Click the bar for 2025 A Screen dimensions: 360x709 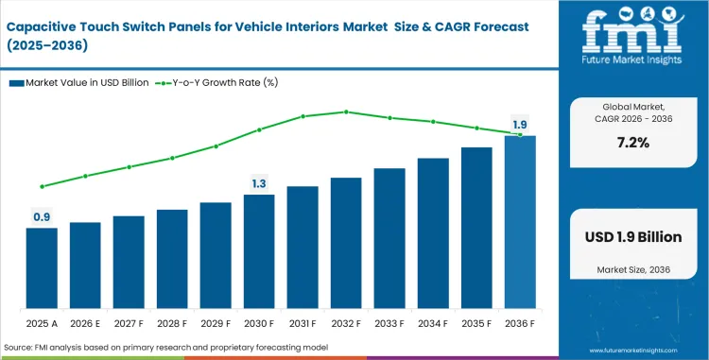[42, 268]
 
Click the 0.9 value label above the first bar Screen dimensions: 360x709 [42, 217]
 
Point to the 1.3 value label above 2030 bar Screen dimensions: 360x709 [259, 183]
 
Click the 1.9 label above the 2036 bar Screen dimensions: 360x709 [520, 125]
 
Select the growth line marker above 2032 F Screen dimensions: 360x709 [346, 111]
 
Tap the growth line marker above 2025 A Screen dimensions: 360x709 [42, 186]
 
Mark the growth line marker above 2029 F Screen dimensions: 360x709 [216, 146]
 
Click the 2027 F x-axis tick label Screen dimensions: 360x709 [129, 323]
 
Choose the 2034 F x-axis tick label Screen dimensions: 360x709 [433, 323]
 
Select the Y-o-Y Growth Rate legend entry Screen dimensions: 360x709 [217, 83]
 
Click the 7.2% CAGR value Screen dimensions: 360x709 [632, 143]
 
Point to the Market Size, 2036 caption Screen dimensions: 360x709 [632, 270]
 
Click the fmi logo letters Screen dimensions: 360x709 [632, 33]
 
